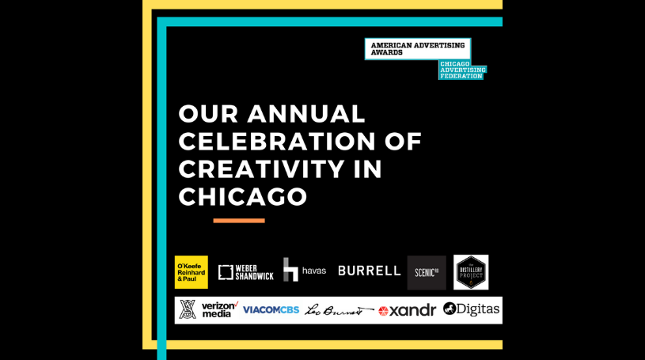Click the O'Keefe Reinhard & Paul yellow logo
[191, 271]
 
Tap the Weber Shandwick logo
[245, 272]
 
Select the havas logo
[305, 270]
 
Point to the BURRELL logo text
[370, 271]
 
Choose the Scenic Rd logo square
[427, 272]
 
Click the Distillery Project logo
[471, 271]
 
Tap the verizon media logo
[219, 309]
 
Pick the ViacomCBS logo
[271, 310]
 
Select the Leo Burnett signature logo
[339, 310]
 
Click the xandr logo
[407, 310]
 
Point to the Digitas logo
[472, 309]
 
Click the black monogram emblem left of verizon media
[188, 309]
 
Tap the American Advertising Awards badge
[417, 49]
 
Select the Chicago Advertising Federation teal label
[462, 70]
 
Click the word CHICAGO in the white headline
[243, 196]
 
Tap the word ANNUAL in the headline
[306, 114]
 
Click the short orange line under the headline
[239, 221]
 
